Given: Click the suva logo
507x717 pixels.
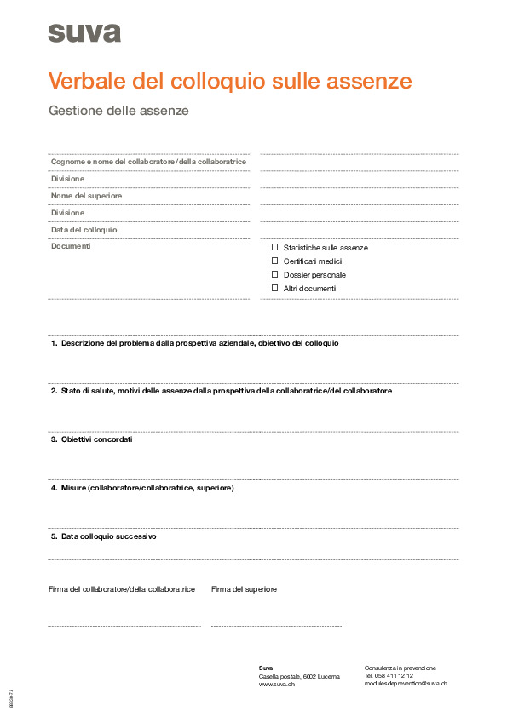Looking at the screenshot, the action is point(84,33).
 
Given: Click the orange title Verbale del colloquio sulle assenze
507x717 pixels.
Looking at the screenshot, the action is point(230,81).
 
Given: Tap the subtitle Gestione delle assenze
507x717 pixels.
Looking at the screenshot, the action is point(118,111).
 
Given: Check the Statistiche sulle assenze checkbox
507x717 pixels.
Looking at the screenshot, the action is point(275,247).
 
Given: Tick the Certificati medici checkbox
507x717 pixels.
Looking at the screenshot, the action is point(275,261).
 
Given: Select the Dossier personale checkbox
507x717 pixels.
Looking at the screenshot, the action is point(275,274).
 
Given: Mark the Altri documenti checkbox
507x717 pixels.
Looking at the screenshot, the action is point(275,288).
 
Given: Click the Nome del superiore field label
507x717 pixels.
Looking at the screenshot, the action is point(86,196).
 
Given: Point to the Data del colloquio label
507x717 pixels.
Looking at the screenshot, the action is point(84,230).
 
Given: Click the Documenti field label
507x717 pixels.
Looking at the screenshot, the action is point(71,246).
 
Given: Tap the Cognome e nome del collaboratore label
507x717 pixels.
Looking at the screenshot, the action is point(148,162).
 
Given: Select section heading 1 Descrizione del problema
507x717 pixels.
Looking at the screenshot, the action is point(194,343).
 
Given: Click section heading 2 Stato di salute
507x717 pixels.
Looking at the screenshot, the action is point(221,391).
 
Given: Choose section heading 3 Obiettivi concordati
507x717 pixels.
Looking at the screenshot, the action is point(91,439).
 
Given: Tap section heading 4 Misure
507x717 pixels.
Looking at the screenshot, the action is point(141,488).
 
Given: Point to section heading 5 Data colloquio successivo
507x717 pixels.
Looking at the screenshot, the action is point(103,536).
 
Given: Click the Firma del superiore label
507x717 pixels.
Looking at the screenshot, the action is point(244,589).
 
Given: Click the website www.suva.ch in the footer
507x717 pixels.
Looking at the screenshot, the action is point(277,684).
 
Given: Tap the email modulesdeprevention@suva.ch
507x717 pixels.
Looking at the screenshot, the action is point(406,684).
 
